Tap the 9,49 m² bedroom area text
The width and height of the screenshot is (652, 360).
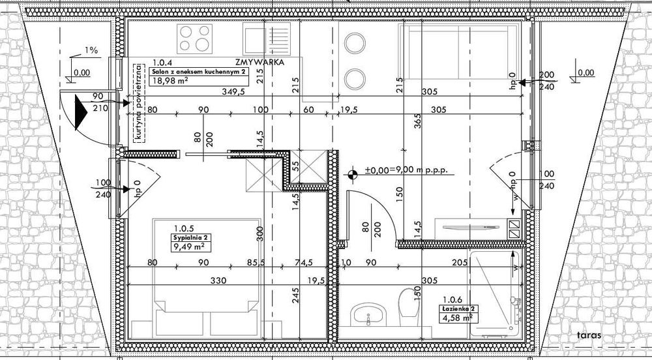coord(186,247)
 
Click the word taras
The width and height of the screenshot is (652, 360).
coord(587,336)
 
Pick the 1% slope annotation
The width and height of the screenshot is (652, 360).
coord(91,50)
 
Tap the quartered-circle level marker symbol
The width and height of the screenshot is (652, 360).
coord(353,174)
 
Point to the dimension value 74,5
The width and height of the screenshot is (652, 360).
coord(302,263)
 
